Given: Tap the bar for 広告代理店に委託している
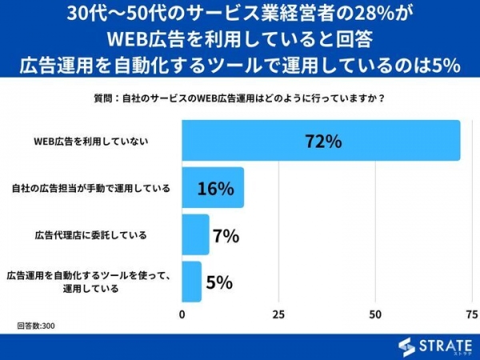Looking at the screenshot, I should (195, 234).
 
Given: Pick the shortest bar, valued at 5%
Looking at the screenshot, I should (192, 281).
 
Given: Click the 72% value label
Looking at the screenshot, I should (323, 142).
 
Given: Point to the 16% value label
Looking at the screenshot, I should (215, 189).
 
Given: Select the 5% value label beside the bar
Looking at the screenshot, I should (218, 282).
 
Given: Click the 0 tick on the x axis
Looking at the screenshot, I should (182, 313).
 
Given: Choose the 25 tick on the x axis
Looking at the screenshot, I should (278, 313).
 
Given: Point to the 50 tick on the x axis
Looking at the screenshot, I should (374, 313).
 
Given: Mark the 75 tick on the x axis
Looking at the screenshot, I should (469, 313).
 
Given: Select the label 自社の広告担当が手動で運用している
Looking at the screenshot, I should (91, 189).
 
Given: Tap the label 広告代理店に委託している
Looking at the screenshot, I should (90, 235).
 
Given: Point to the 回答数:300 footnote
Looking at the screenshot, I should (36, 326).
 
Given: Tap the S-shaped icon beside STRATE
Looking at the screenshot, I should (407, 346).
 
